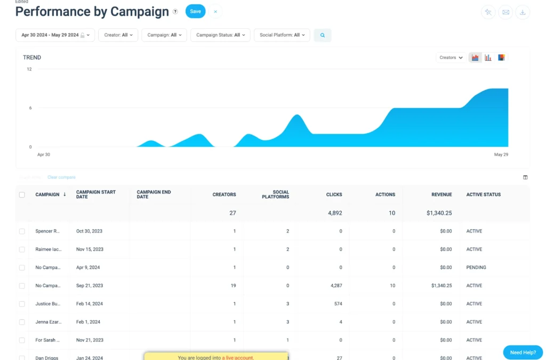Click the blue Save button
(195, 11)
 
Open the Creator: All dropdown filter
(118, 35)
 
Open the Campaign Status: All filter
(220, 35)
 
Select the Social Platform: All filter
(282, 35)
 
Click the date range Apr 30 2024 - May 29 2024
(55, 35)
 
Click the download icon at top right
(523, 12)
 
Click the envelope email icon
(505, 12)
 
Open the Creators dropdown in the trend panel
(451, 58)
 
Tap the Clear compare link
(61, 177)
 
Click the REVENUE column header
(441, 195)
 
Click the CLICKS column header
(334, 195)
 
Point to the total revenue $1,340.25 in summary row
(439, 213)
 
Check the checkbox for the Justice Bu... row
(22, 304)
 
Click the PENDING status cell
(476, 268)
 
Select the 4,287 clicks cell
(336, 286)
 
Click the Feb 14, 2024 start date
(90, 304)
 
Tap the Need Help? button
(523, 353)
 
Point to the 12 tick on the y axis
(29, 69)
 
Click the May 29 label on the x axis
(501, 155)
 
